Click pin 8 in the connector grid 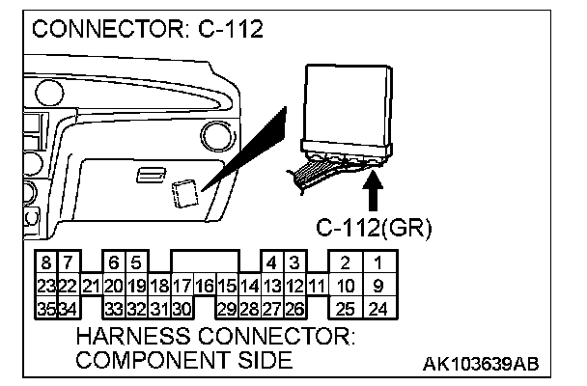pos(46,262)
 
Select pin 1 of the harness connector pos(378,262)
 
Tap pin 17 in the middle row pos(182,287)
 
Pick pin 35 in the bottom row pos(46,309)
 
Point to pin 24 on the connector pos(378,309)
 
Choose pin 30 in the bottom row pos(182,309)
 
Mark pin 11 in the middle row pos(317,287)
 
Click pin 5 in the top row pos(136,262)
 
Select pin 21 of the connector pos(92,287)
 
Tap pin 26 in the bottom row pos(295,309)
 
